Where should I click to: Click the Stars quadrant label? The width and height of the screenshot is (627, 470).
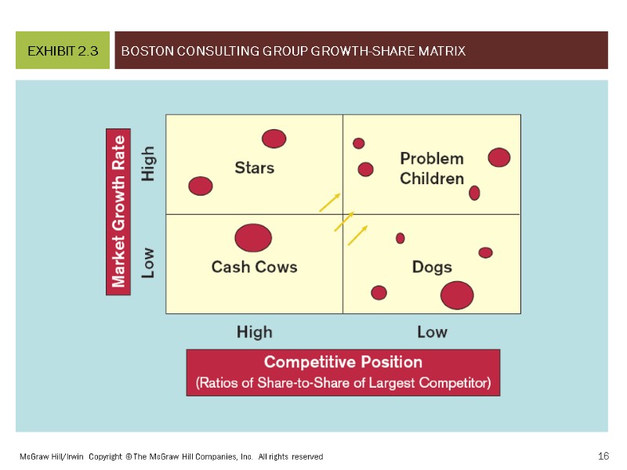(255, 168)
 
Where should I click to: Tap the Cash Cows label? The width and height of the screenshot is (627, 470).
(255, 267)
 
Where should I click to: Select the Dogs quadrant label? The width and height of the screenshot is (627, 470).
(432, 267)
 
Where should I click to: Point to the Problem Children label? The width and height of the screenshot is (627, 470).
(432, 168)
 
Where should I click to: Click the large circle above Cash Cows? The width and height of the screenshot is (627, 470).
(253, 238)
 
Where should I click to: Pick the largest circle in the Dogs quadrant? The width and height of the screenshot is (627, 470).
(457, 295)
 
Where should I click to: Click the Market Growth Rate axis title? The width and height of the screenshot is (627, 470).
(118, 212)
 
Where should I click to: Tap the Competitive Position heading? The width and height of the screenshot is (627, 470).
(343, 362)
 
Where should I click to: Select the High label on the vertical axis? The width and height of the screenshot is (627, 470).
(148, 164)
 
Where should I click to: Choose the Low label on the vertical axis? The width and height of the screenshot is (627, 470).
(148, 263)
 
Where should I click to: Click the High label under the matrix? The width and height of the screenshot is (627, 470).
(255, 332)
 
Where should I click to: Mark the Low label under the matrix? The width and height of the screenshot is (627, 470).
(432, 332)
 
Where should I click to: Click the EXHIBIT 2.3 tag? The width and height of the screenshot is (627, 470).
(63, 51)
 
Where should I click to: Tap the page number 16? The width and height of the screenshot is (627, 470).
(603, 456)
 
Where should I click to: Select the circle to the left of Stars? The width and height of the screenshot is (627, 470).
(201, 186)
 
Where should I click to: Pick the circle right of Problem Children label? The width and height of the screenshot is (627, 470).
(499, 157)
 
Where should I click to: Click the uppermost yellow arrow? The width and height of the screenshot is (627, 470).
(330, 202)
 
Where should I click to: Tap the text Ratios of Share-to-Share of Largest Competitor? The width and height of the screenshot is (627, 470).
(343, 383)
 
